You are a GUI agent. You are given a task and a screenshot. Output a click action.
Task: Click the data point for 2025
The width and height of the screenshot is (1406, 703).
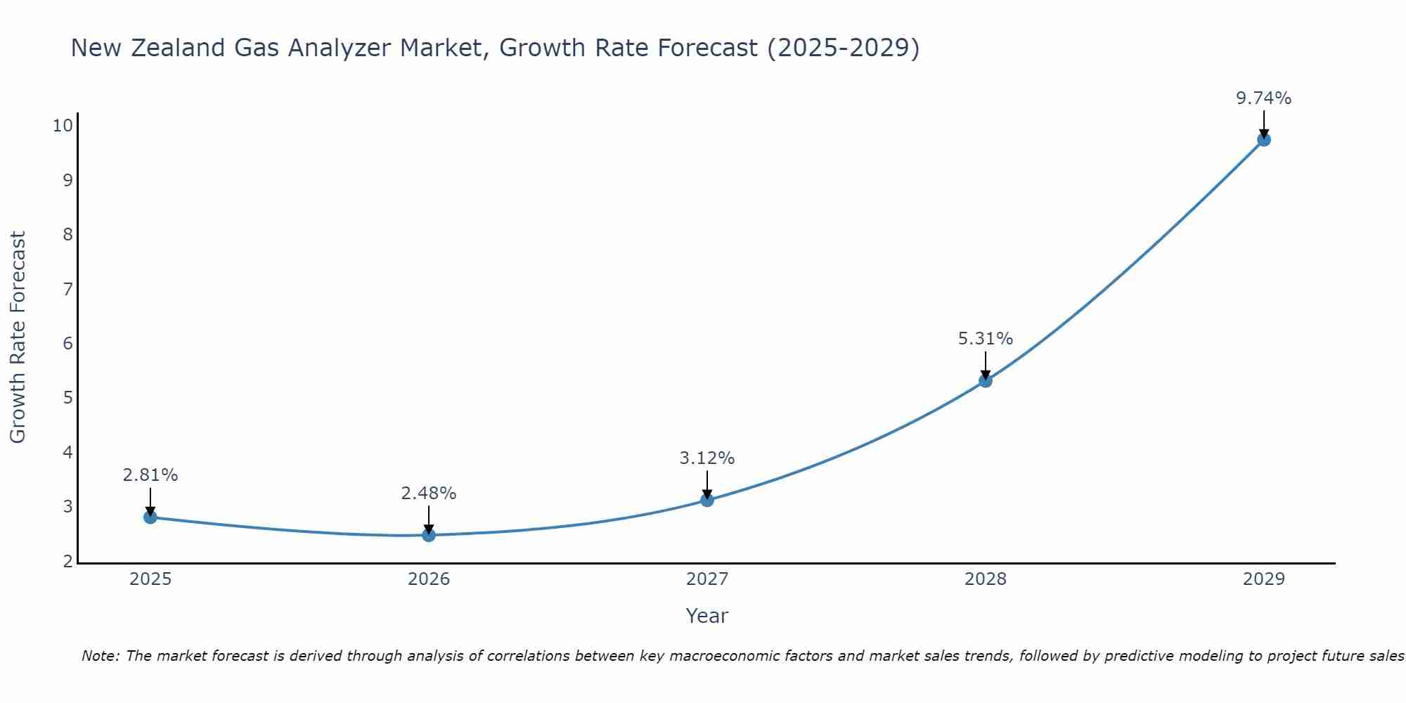coord(150,517)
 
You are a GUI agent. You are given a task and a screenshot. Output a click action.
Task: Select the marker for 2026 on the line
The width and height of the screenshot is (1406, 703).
coord(429,535)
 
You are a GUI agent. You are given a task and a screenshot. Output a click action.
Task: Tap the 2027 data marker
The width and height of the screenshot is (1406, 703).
coord(707,500)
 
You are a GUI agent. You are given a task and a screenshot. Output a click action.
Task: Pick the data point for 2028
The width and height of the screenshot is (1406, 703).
coord(986,381)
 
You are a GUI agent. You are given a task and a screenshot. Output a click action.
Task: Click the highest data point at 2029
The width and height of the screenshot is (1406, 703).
coord(1264,140)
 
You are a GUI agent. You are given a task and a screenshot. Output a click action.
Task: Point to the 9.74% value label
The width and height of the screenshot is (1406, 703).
coord(1264,98)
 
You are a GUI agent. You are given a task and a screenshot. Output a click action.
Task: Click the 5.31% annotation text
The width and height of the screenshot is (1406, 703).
coord(986,339)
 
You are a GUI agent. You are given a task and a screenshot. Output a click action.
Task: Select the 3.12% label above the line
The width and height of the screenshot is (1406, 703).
coord(707,458)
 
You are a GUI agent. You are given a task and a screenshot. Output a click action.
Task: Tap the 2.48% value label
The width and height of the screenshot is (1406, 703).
coord(429,494)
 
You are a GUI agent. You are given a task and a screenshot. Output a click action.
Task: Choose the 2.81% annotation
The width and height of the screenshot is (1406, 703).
coord(150,475)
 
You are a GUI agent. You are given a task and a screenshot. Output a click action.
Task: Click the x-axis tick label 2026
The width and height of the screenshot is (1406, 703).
coord(429,579)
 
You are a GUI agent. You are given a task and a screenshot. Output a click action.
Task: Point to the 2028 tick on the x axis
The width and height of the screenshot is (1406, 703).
coord(986,579)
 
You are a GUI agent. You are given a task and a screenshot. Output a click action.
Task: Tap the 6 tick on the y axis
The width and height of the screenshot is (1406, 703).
coord(68,343)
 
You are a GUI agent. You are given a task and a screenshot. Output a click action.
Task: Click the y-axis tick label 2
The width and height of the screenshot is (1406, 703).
coord(68,561)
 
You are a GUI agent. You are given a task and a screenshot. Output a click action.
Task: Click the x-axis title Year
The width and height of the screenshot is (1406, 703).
coord(707,616)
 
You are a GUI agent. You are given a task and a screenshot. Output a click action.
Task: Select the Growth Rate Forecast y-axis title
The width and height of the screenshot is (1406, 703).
coord(18,337)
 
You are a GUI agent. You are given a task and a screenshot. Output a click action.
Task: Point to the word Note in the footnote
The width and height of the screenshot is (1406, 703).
coord(100,657)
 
